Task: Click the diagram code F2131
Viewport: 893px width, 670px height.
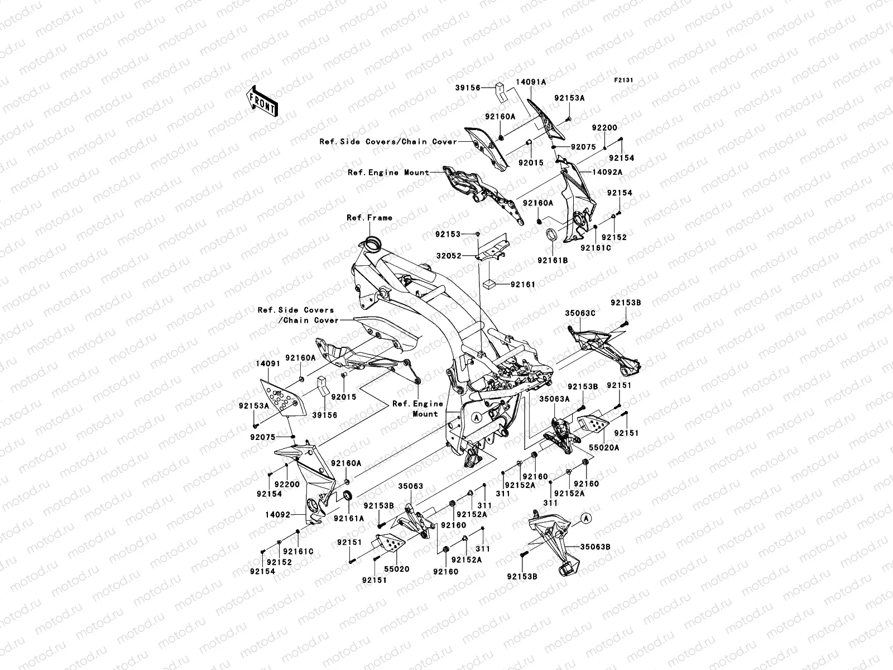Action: click(623, 80)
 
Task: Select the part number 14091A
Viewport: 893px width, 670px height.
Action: click(530, 82)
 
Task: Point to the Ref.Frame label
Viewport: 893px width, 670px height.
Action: click(369, 218)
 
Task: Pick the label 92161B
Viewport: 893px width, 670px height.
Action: click(553, 260)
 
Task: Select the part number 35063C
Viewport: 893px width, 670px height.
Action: click(580, 314)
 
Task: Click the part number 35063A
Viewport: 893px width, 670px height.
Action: click(554, 399)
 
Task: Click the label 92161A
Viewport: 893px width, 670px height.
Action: click(349, 518)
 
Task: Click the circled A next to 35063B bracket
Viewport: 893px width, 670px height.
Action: click(586, 518)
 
